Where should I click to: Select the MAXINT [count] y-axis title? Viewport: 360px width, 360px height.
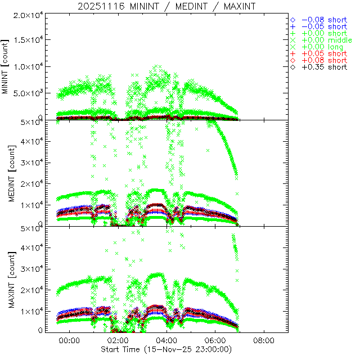click(7, 280)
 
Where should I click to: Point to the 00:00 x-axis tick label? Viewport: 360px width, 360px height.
click(69, 341)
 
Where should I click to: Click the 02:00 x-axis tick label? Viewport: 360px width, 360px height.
click(118, 341)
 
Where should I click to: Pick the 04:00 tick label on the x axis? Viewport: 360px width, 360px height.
click(166, 341)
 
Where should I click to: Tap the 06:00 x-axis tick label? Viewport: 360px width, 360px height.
click(215, 341)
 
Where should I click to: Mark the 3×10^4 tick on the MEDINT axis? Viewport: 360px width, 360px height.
click(31, 163)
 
